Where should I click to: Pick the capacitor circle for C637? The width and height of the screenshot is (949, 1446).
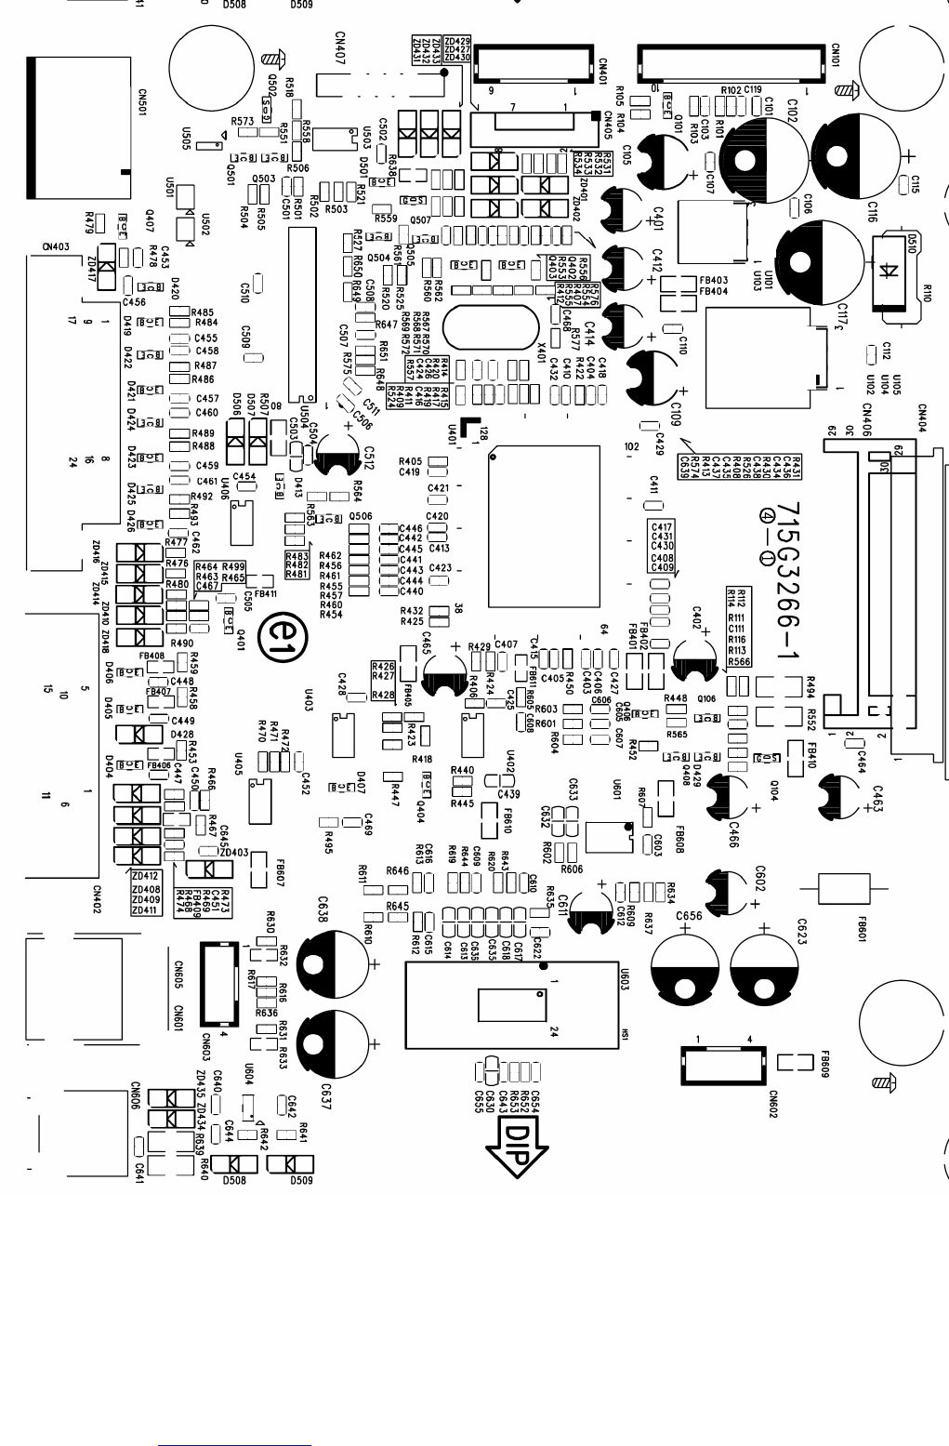pos(335,1043)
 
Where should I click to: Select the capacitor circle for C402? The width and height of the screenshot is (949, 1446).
pos(697,652)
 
